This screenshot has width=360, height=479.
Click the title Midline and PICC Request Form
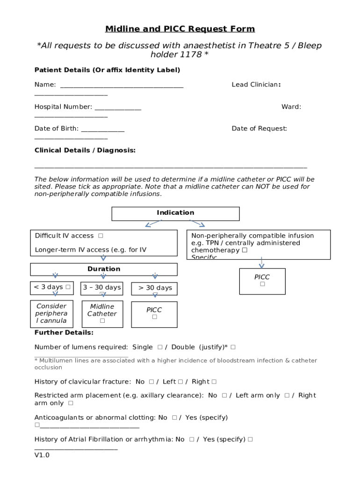tap(180, 29)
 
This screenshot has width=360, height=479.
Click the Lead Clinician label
tap(256, 85)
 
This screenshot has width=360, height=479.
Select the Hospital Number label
tap(63, 107)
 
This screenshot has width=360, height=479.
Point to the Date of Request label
tap(259, 129)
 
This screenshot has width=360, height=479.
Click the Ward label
tap(291, 107)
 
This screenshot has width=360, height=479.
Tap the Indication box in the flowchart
tap(175, 213)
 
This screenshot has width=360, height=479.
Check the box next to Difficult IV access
tap(101, 236)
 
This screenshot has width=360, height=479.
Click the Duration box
tap(104, 269)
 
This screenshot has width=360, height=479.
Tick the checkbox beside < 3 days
tap(68, 287)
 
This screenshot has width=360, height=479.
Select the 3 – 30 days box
tap(101, 288)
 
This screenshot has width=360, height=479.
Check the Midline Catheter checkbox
tap(102, 321)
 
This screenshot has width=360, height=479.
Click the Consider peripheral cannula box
tap(51, 313)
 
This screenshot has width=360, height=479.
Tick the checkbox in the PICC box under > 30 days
tap(154, 317)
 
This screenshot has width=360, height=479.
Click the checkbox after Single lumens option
tap(160, 347)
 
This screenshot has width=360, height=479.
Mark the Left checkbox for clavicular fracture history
tap(180, 382)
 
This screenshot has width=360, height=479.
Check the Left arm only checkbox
tap(287, 395)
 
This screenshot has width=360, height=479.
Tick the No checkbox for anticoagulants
tap(174, 417)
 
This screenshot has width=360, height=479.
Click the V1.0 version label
tap(42, 455)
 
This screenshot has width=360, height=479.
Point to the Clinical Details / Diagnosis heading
tap(85, 150)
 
